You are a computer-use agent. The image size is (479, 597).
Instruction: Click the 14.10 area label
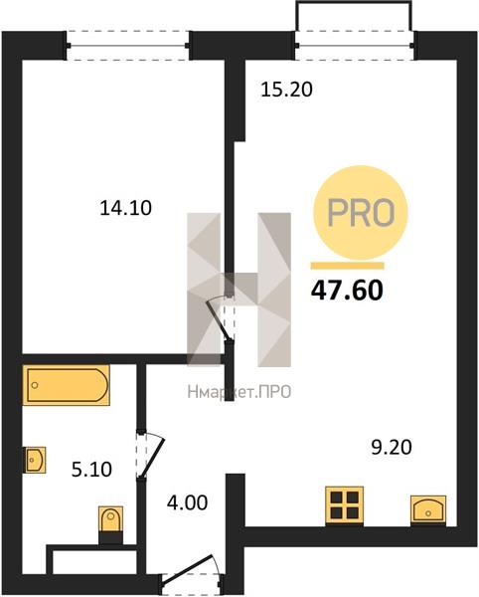coord(126,208)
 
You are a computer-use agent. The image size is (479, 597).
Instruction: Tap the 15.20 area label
coord(286,90)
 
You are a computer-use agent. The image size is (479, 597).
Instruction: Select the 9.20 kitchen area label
coord(392,448)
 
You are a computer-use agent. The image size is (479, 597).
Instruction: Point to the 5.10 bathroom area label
coord(91,470)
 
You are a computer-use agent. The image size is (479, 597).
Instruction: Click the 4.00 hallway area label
coord(188,502)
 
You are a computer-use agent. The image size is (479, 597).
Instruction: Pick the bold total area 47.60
coord(347,291)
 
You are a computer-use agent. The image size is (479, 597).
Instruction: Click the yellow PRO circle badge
coord(360,213)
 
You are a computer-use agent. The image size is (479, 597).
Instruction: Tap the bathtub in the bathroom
coord(67,385)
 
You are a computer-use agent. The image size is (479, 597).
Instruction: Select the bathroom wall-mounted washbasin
coord(35,460)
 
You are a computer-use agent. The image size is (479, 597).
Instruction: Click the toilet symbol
coord(110,524)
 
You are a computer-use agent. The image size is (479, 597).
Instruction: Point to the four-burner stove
coord(345,505)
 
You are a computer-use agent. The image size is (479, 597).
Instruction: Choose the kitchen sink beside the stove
coord(428,509)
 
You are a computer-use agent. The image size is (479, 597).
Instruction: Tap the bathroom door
coord(150,456)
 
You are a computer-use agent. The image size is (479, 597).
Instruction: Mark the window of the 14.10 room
coord(128,46)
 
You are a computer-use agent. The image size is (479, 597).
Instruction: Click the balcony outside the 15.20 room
coord(355,16)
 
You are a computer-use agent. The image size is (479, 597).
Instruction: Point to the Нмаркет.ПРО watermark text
coord(239,392)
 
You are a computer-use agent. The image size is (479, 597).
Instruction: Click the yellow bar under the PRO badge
coord(347,266)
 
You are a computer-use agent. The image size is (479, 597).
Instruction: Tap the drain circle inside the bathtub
coord(35,385)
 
